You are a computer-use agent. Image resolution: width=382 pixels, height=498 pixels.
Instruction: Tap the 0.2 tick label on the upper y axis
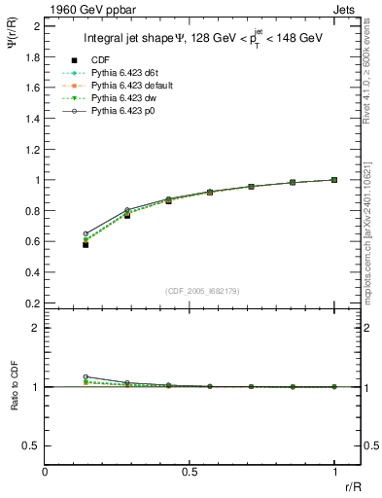tap(32, 302)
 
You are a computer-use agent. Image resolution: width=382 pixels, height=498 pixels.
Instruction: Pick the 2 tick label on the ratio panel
tap(36, 328)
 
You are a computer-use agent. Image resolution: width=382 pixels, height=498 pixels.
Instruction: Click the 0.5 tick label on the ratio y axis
tap(32, 445)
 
